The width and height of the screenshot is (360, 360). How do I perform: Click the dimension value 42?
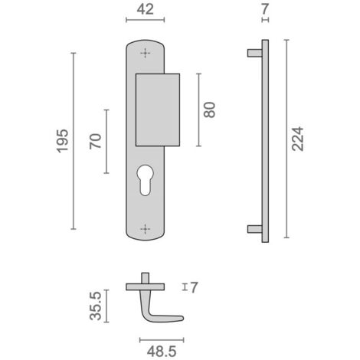pyautogui.click(x=146, y=9)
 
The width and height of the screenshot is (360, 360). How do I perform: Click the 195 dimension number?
pyautogui.click(x=63, y=141)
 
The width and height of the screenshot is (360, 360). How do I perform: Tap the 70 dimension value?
pyautogui.click(x=96, y=141)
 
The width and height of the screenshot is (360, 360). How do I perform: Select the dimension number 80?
pyautogui.click(x=210, y=110)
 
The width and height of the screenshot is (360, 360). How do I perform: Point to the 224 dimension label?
pyautogui.click(x=298, y=139)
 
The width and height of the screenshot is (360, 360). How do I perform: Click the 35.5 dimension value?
pyautogui.click(x=96, y=306)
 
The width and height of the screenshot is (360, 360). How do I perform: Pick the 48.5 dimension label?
pyautogui.click(x=162, y=352)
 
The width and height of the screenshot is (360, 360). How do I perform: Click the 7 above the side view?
pyautogui.click(x=265, y=9)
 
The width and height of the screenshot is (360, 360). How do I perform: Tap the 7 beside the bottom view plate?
pyautogui.click(x=194, y=287)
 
